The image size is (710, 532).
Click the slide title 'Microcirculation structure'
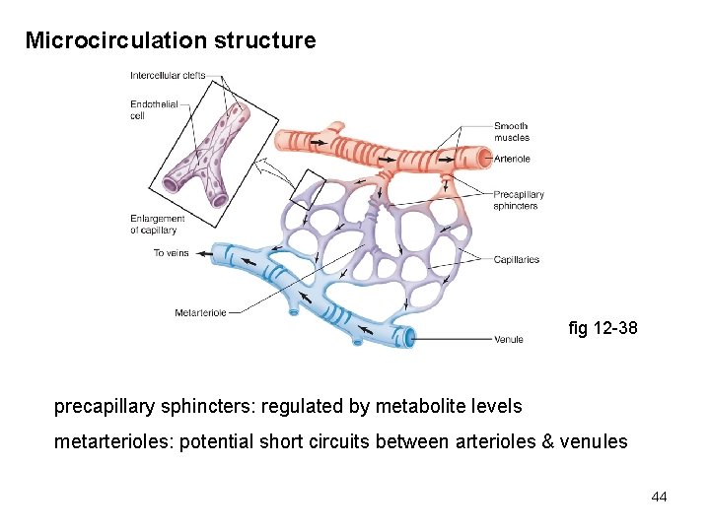pos(171,41)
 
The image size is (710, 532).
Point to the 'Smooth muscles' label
pos(511,131)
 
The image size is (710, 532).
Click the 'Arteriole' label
pos(511,159)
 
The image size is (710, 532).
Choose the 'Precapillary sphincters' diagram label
pos(518,200)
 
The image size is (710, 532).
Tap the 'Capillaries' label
pos(517,259)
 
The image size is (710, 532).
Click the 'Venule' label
pos(509,339)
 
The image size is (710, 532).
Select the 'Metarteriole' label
pos(200,312)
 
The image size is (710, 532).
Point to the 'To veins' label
pos(171,253)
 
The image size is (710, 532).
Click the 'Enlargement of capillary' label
pos(157,224)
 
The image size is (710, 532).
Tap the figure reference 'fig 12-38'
pos(603,328)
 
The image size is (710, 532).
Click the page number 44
pos(659,498)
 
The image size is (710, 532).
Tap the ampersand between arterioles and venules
pos(548,441)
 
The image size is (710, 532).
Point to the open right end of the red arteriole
pos(483,158)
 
